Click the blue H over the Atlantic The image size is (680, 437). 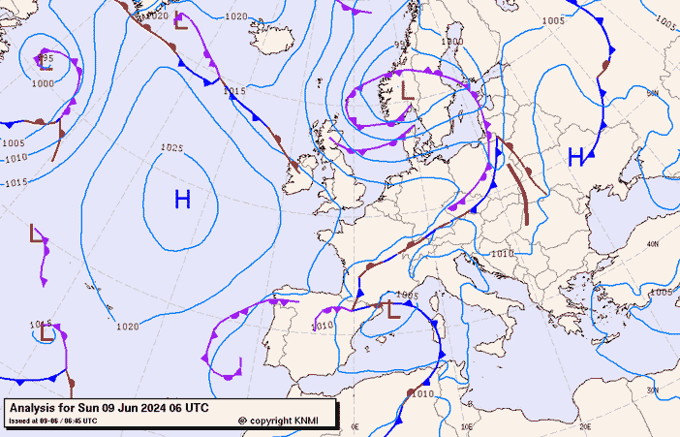[182, 201]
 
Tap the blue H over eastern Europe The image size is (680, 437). [575, 157]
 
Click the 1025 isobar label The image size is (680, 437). [171, 148]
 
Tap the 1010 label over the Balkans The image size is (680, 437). [502, 254]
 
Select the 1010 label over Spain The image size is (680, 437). [324, 326]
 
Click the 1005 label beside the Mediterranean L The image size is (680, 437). [406, 296]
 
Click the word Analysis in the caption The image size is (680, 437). [35, 408]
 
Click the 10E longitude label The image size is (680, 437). [466, 426]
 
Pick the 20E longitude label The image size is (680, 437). [584, 425]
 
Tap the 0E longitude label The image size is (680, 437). [355, 426]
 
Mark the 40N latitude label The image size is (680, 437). [652, 244]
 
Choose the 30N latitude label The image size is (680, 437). [652, 390]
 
